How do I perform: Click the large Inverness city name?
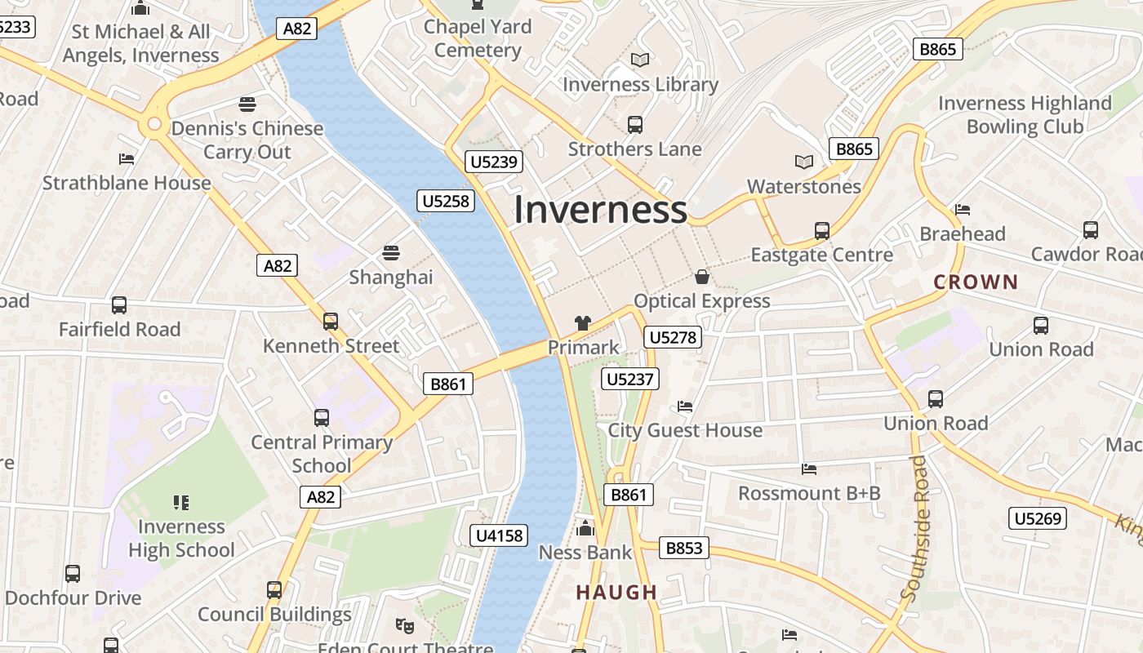(600, 210)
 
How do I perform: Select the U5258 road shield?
(446, 200)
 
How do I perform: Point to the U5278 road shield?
(673, 337)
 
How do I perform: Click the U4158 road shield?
(500, 535)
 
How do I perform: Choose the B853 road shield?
(684, 548)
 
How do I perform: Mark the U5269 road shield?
(1038, 518)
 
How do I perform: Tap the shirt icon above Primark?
(582, 323)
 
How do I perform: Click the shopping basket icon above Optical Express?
(701, 277)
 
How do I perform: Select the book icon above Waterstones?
(804, 162)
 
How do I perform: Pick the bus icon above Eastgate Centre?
(821, 230)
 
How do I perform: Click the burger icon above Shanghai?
(391, 252)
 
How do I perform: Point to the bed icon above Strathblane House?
(127, 158)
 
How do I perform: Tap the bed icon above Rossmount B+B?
(809, 469)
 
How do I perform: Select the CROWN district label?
(976, 282)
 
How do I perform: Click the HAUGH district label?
(616, 593)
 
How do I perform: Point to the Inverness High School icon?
(181, 502)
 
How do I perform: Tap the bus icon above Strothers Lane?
(634, 124)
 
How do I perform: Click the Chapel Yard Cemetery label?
(478, 38)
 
